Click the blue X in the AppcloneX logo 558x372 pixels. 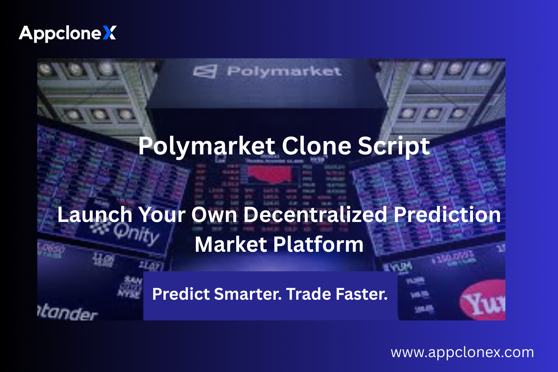[109, 33]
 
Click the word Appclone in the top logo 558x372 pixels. [60, 33]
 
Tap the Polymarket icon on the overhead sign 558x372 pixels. [205, 71]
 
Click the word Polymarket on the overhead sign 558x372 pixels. [284, 71]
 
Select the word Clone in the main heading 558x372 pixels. [316, 146]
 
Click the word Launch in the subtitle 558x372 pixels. [94, 215]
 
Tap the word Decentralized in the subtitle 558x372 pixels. [315, 214]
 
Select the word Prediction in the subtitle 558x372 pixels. [447, 214]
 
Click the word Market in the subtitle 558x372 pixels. [231, 244]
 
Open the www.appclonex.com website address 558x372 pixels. [462, 352]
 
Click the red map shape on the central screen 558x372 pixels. [270, 174]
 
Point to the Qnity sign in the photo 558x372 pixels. [135, 232]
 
